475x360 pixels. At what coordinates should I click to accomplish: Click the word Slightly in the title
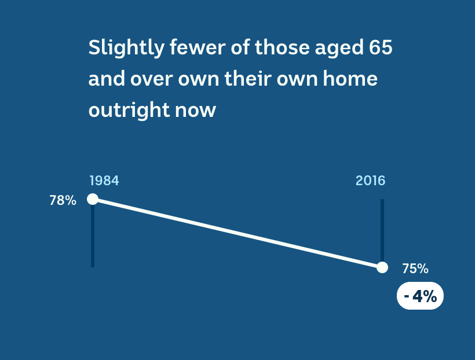tap(126, 48)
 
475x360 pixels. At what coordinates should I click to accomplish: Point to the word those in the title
tap(282, 47)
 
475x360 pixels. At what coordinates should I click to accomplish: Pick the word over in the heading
tap(152, 79)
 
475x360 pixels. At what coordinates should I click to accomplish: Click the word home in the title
tap(350, 78)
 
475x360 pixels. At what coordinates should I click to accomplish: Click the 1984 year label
tap(104, 181)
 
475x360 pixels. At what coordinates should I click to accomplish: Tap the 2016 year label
tap(371, 181)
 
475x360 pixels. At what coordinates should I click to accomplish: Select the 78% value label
tap(63, 200)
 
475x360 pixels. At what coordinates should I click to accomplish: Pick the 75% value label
tap(415, 269)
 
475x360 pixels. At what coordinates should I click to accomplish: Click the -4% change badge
tap(420, 296)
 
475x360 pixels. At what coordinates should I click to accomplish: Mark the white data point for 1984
tap(93, 199)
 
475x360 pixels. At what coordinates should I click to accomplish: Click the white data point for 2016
tap(382, 267)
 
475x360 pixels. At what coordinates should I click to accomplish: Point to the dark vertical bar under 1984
tap(93, 236)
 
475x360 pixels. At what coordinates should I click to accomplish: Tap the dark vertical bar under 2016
tap(382, 230)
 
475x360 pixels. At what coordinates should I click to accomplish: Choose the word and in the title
tap(107, 78)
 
